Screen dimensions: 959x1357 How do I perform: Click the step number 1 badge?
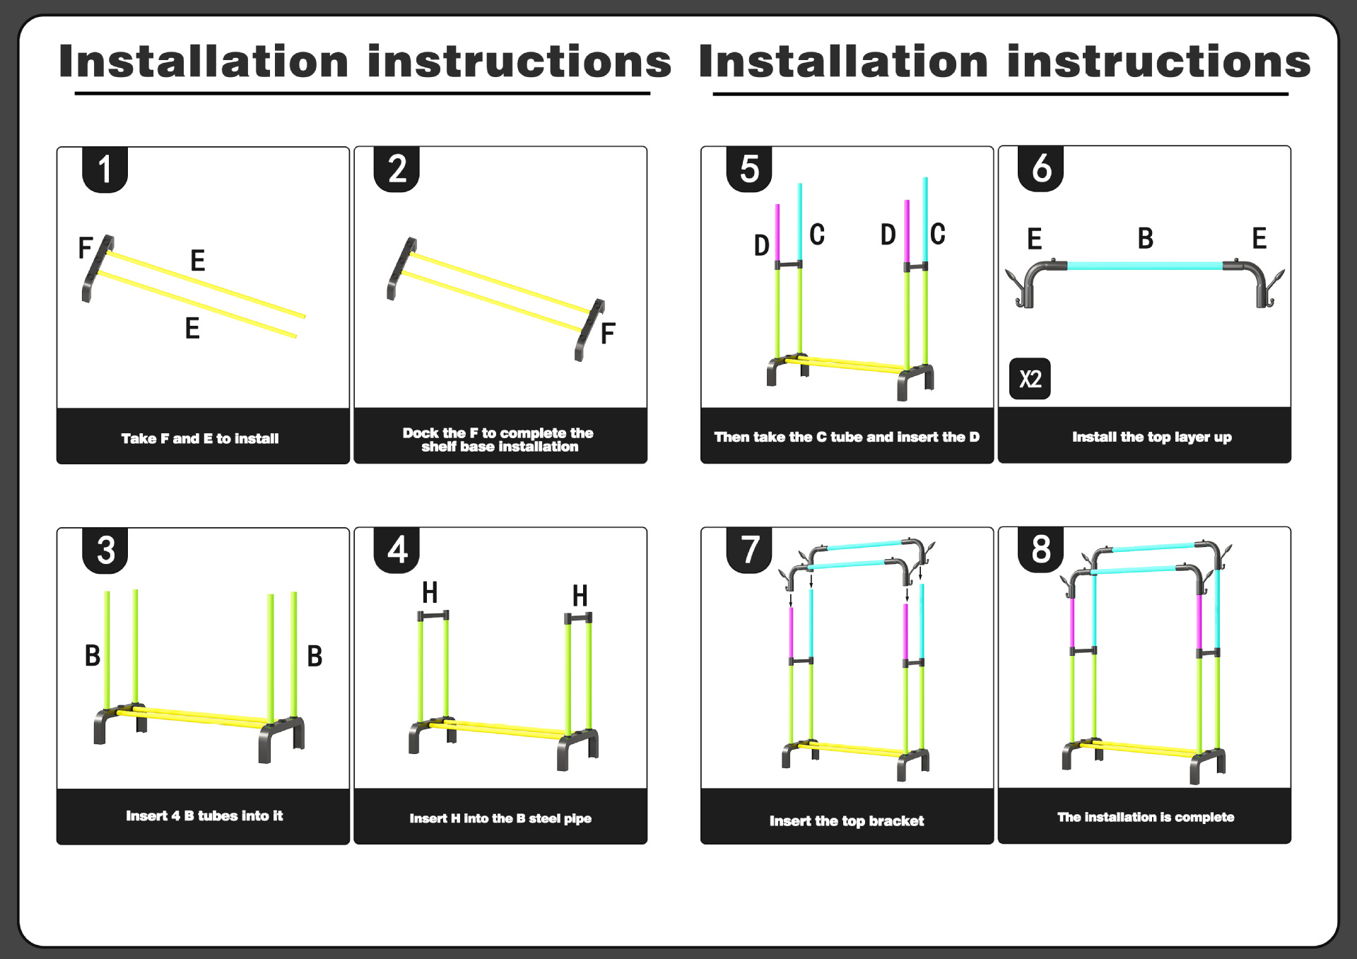click(105, 170)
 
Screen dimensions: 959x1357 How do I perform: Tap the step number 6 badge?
click(1040, 169)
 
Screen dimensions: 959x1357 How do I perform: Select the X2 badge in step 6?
click(1030, 379)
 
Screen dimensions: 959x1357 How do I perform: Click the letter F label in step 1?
click(86, 248)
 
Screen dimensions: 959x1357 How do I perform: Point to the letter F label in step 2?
click(608, 334)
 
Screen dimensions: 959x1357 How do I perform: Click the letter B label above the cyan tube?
click(1145, 239)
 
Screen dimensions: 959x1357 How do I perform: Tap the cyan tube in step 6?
click(1145, 266)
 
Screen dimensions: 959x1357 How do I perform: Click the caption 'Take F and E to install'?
click(200, 439)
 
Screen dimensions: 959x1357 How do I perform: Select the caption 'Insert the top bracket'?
click(846, 820)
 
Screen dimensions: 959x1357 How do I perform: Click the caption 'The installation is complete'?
click(1145, 817)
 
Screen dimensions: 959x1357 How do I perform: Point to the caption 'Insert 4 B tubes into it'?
click(204, 816)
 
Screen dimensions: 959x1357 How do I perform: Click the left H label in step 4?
click(430, 592)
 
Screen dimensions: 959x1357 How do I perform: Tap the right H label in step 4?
click(580, 596)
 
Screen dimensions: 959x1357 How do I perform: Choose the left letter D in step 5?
click(761, 245)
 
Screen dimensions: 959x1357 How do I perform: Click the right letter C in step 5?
click(937, 234)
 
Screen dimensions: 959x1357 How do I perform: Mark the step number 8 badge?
click(1040, 550)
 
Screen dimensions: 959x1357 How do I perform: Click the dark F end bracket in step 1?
click(97, 269)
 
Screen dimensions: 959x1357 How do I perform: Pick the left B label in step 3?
click(93, 655)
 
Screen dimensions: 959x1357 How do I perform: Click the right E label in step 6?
click(1259, 239)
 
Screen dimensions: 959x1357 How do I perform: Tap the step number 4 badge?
click(397, 550)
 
